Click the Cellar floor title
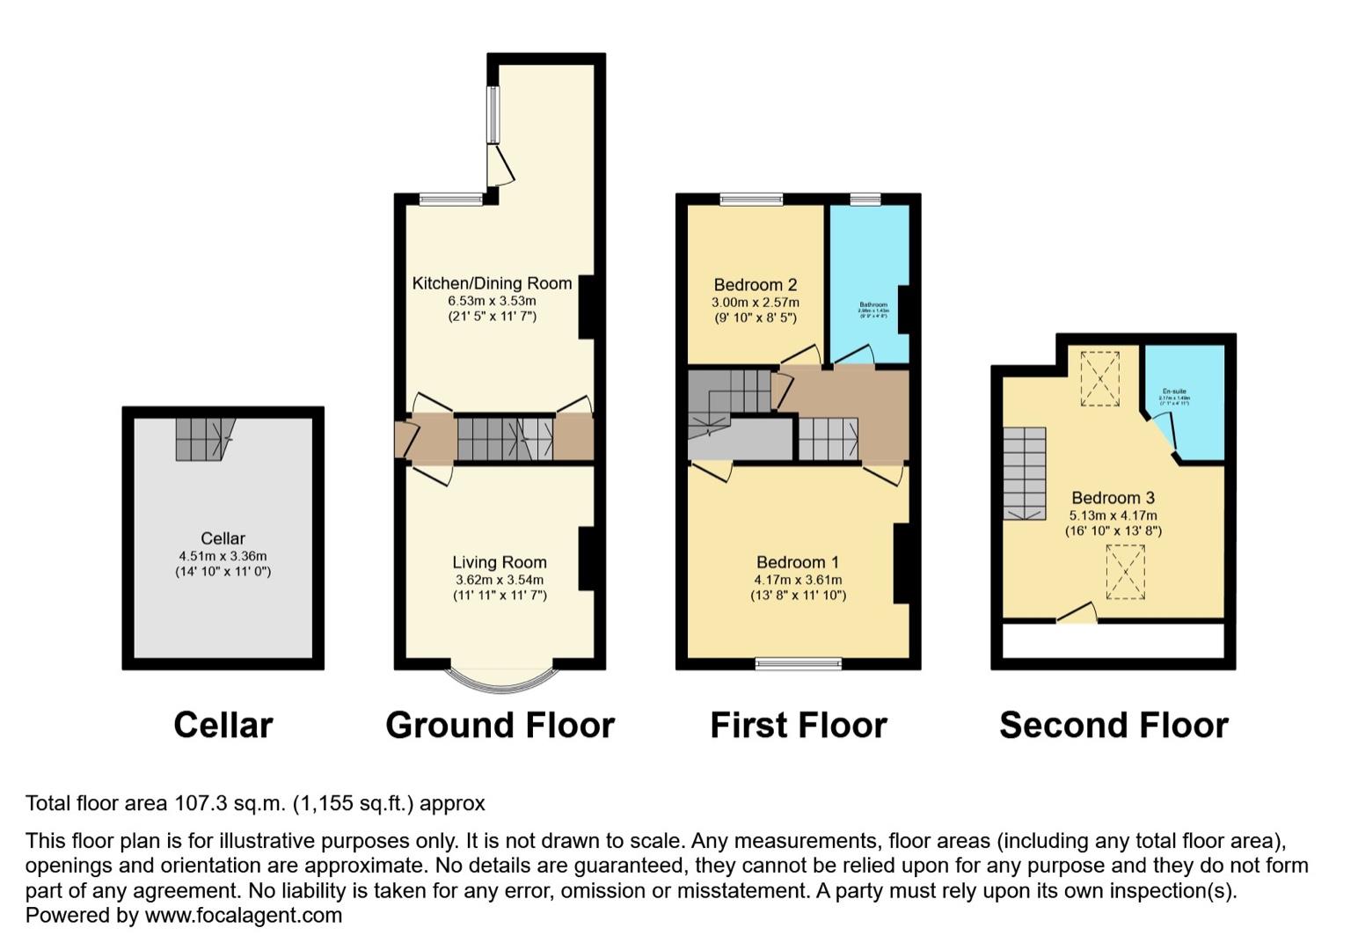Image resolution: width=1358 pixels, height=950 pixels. pos(223,726)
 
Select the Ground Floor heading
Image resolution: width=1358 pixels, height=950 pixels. pos(500,726)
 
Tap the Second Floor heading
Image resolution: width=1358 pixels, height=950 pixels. pos(1113,726)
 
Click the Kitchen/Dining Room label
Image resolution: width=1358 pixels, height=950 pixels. pos(492,283)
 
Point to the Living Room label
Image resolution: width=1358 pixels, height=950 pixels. pos(500,562)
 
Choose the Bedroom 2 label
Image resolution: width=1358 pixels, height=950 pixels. pos(755,285)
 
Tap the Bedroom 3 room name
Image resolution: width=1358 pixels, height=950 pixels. pos(1113,498)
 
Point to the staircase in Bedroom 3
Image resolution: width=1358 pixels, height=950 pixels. pos(1025,473)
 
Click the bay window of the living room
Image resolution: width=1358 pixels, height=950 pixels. pos(500,678)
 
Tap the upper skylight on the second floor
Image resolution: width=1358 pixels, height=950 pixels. pos(1099,379)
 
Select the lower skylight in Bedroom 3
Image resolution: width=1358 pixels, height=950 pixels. pos(1125,572)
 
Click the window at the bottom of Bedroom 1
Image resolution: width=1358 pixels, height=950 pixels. pos(798,663)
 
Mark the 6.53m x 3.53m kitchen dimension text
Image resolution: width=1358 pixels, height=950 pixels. pos(492,301)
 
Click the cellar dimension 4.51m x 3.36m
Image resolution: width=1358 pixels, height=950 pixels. pos(223,556)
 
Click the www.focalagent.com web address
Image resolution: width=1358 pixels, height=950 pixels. pos(243,916)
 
